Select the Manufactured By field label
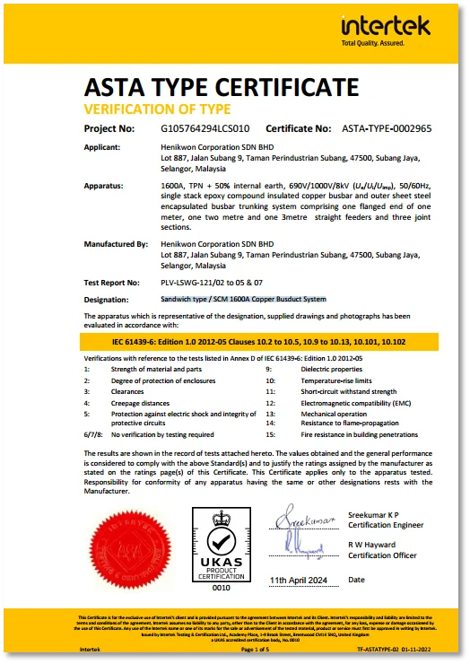coord(116,244)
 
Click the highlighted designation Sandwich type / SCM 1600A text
coord(243,298)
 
